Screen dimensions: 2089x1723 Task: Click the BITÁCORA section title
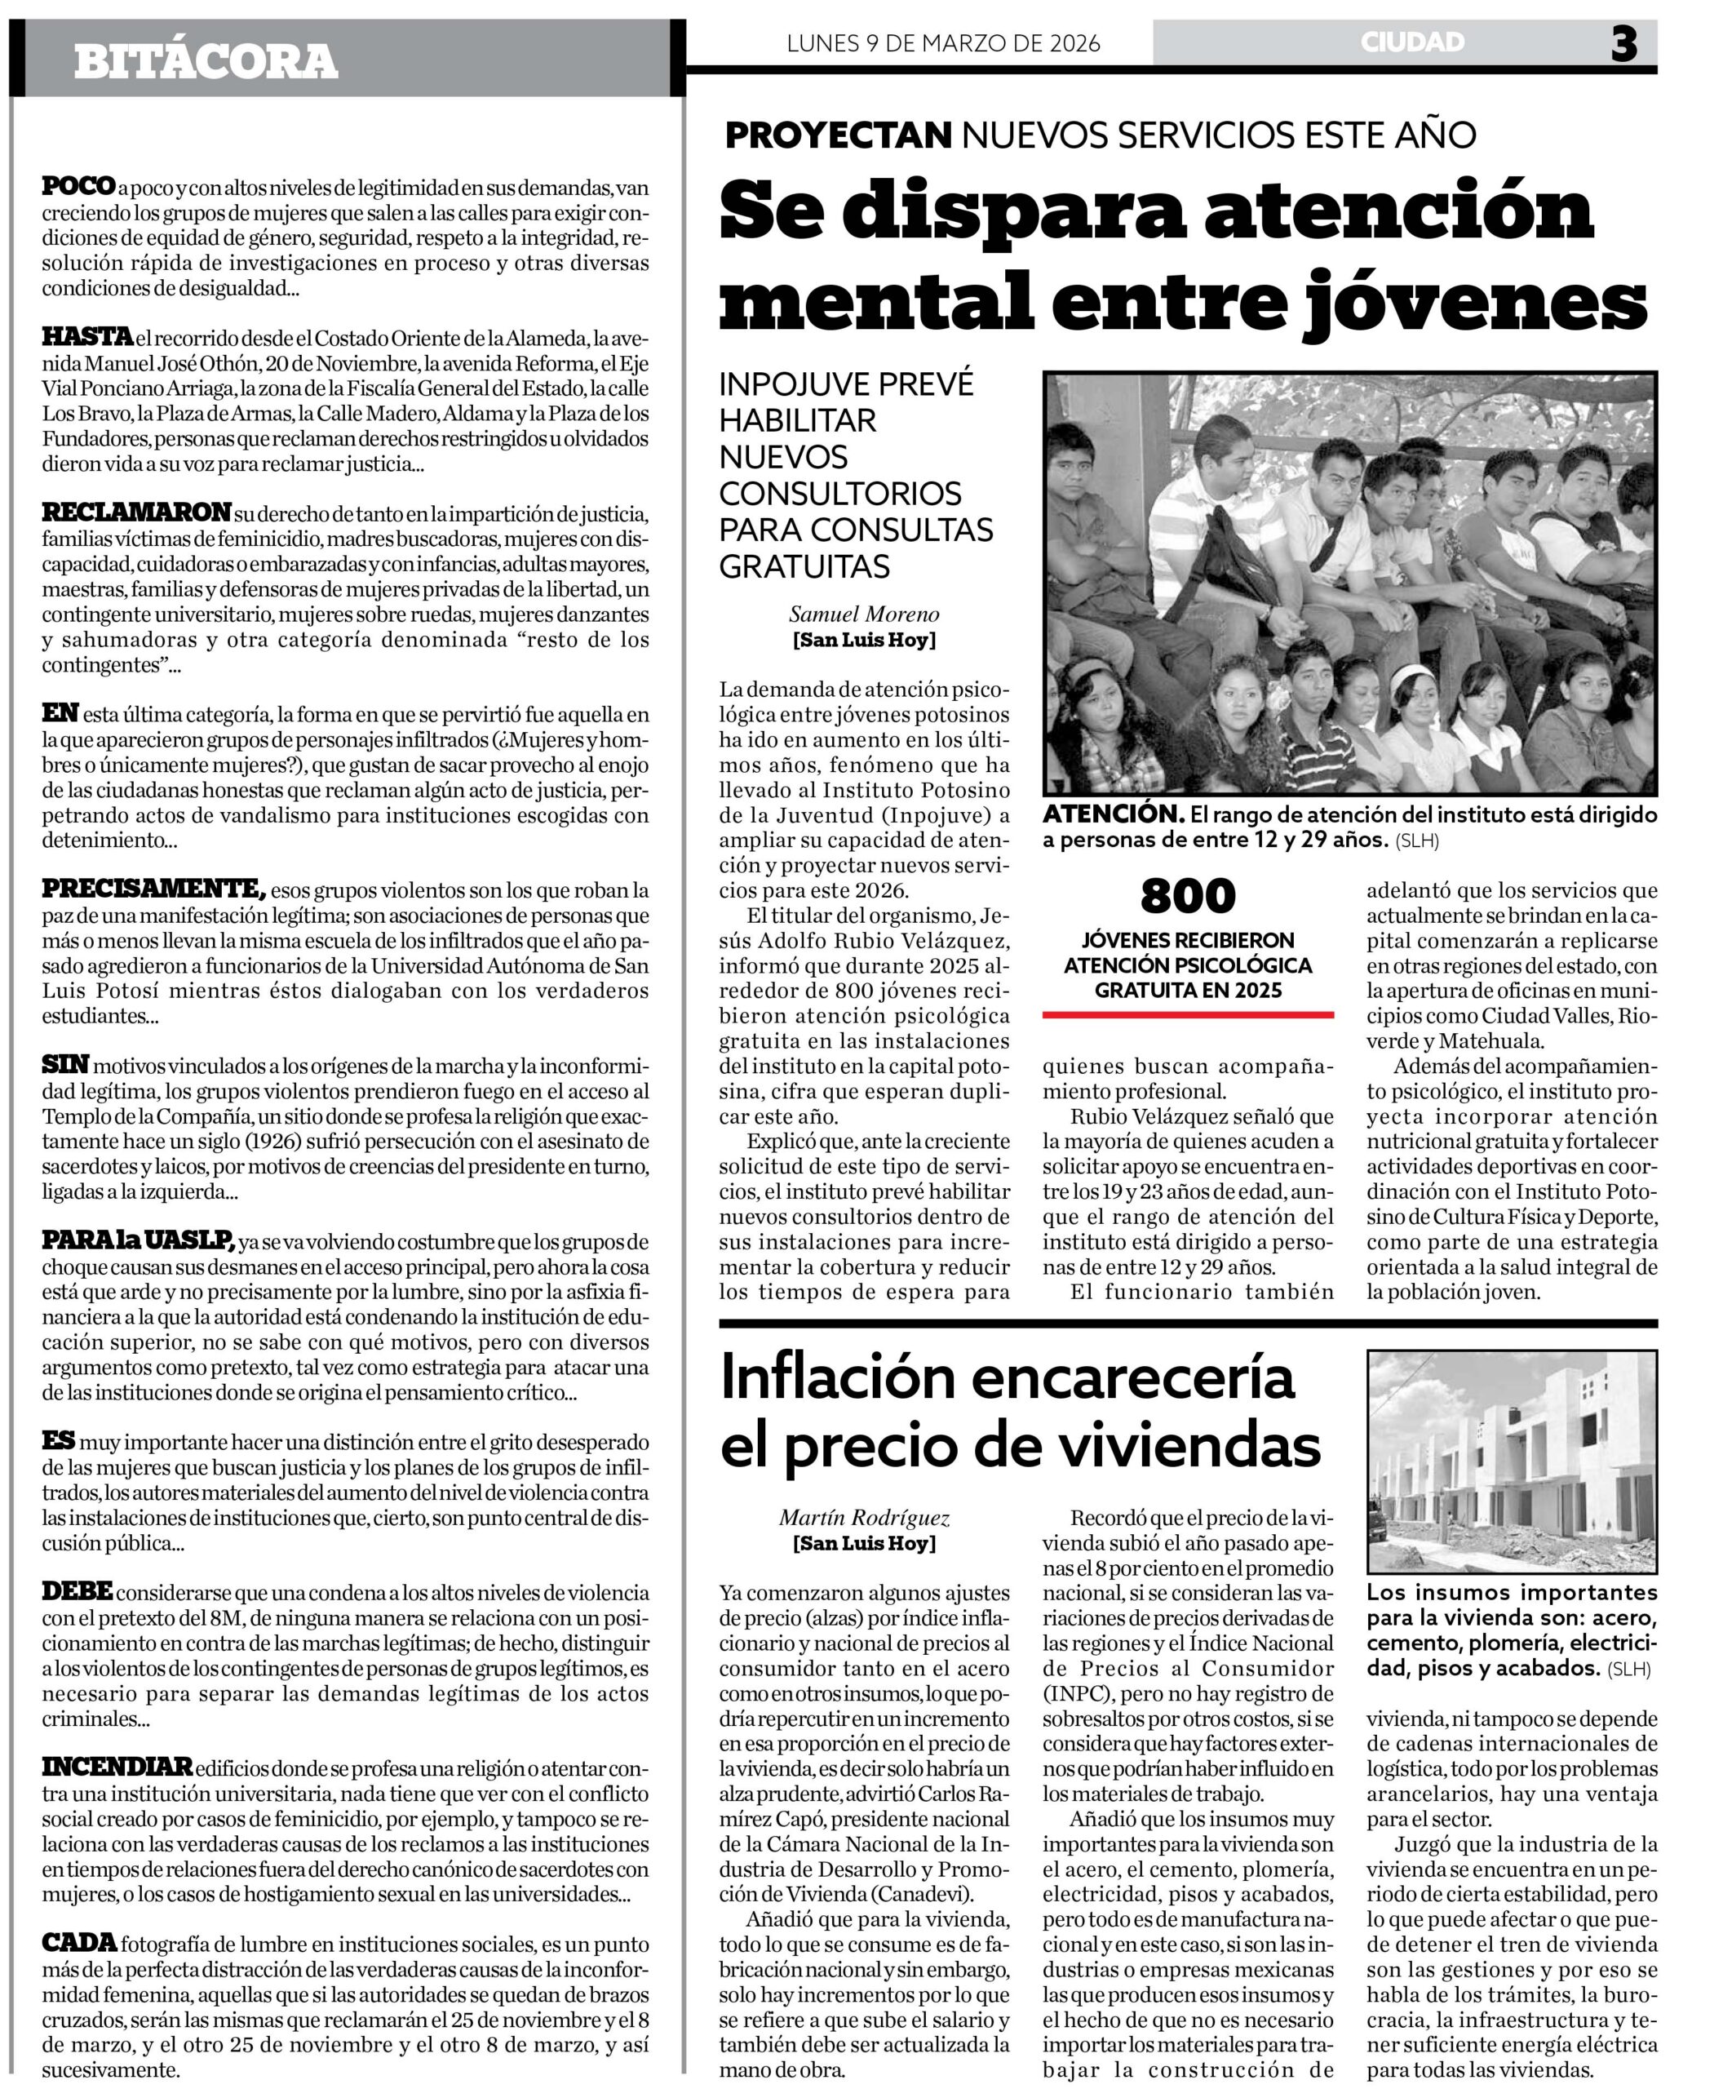[x=206, y=61]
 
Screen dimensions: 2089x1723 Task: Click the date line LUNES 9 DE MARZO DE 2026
[x=943, y=44]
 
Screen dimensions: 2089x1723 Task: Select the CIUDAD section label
[x=1412, y=42]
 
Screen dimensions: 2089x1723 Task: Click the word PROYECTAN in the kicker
[x=839, y=135]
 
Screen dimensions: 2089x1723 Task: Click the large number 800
[x=1187, y=897]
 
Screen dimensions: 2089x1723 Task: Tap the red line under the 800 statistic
[x=1187, y=1014]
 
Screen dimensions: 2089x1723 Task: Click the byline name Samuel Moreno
[x=863, y=614]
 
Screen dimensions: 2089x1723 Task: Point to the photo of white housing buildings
[x=1511, y=1461]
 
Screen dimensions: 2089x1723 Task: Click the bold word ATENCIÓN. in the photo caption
[x=1113, y=815]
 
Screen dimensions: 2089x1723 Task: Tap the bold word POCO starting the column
[x=78, y=186]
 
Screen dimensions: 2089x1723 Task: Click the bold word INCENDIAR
[x=116, y=1767]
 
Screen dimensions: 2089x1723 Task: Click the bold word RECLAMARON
[x=136, y=512]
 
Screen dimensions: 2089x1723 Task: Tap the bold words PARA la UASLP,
[x=138, y=1240]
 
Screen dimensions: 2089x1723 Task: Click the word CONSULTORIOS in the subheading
[x=839, y=494]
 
